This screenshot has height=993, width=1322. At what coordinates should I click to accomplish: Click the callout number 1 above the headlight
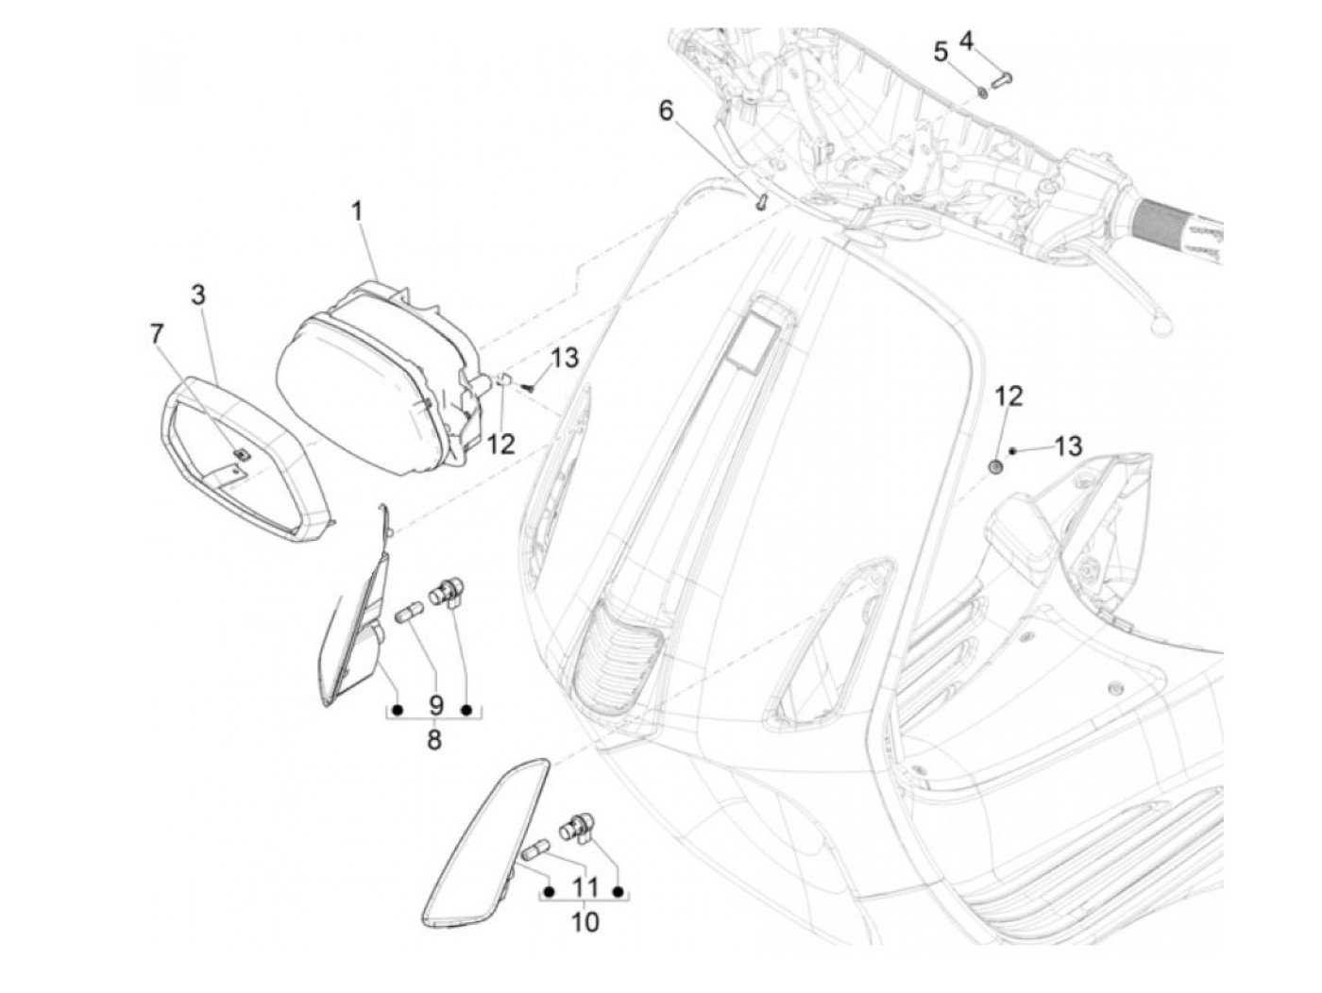click(x=357, y=212)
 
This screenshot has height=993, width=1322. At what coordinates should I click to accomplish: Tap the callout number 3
click(x=197, y=295)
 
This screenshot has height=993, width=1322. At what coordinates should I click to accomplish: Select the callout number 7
click(x=157, y=333)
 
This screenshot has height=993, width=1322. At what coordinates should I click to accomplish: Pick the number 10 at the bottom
click(x=585, y=921)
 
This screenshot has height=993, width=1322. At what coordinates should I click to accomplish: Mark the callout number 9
click(x=434, y=705)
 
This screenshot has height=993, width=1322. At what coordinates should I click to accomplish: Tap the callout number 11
click(x=585, y=887)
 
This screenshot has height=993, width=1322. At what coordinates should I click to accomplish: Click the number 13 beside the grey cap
click(x=1068, y=446)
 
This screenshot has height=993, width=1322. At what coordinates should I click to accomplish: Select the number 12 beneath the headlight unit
click(x=501, y=444)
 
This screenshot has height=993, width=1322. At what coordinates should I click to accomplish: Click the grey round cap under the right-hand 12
click(x=994, y=465)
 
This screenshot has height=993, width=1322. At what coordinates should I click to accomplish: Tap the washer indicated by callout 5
click(x=982, y=92)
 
